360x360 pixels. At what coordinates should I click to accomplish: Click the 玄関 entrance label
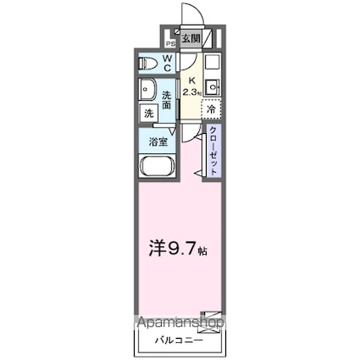191,38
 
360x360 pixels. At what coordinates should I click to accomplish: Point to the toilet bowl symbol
149,62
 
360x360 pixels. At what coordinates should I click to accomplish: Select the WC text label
167,63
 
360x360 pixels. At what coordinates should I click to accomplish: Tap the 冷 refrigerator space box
212,108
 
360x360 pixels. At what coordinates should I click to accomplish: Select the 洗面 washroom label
168,101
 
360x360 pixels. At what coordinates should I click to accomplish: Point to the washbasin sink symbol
149,89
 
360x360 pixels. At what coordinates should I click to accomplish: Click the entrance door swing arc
194,16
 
